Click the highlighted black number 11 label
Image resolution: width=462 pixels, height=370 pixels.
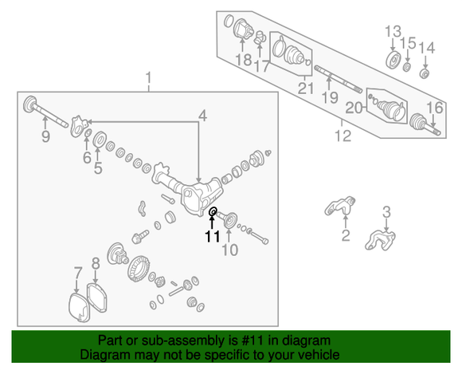213,236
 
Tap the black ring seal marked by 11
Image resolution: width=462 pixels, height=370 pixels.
213,211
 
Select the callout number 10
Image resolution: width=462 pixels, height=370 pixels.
230,250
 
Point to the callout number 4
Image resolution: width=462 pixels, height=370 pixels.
202,116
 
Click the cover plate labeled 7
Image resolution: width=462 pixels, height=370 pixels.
79,307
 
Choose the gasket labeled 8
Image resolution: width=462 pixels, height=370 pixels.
96,297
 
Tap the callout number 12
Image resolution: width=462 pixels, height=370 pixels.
343,136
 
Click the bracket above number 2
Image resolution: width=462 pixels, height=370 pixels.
340,206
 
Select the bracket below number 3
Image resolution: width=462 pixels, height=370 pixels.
380,240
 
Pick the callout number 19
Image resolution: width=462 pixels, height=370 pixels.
330,97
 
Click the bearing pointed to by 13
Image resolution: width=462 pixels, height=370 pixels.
393,60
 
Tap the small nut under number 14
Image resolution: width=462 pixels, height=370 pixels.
425,73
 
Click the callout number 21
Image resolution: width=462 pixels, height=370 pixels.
306,88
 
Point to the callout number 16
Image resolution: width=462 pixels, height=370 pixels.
435,108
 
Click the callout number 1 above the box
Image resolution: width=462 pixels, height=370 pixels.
148,78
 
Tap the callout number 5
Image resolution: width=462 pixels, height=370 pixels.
98,168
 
